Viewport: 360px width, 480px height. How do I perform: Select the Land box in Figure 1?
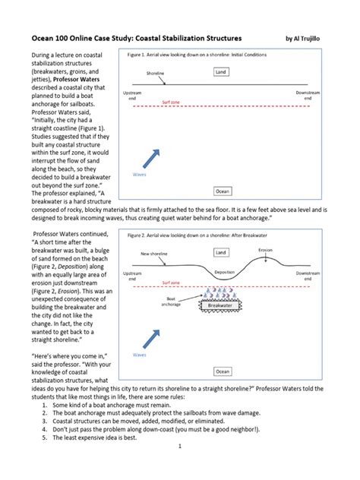point(220,72)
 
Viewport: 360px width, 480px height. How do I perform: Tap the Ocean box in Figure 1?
point(223,191)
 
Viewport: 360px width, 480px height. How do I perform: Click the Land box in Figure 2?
point(220,251)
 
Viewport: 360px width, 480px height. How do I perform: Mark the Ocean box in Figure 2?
point(223,371)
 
